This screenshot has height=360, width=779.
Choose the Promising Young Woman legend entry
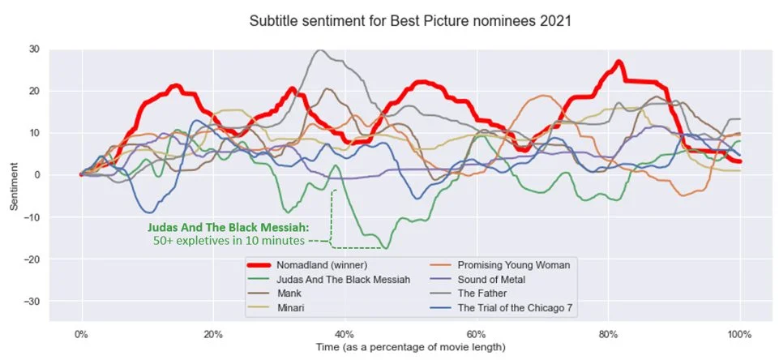click(515, 265)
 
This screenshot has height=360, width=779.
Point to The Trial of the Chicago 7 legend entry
click(517, 309)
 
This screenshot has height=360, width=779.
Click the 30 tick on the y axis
click(33, 49)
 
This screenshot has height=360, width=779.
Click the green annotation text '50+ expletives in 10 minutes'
click(229, 241)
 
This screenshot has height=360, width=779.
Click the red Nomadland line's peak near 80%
click(618, 62)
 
